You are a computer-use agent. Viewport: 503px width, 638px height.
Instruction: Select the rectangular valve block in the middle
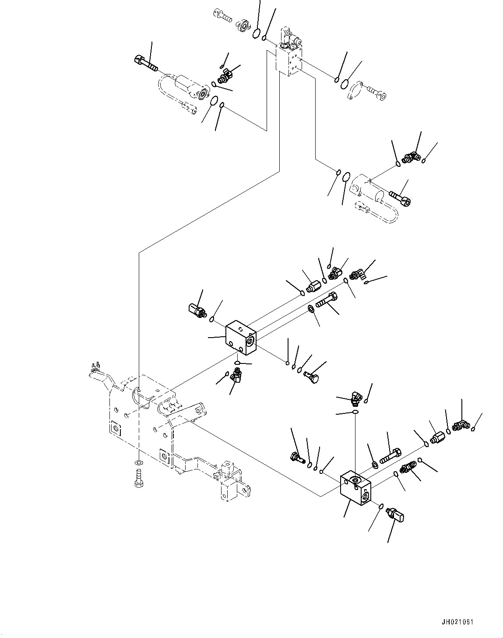(x=241, y=337)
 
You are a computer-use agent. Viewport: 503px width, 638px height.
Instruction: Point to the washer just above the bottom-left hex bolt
(x=138, y=463)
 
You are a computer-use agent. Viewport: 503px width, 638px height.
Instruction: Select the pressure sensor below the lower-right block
(x=395, y=515)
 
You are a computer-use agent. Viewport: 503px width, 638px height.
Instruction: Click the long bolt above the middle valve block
(x=327, y=300)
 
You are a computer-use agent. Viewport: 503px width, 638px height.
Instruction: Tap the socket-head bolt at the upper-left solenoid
(x=146, y=63)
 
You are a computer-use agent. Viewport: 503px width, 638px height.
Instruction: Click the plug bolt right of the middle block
(x=312, y=377)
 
